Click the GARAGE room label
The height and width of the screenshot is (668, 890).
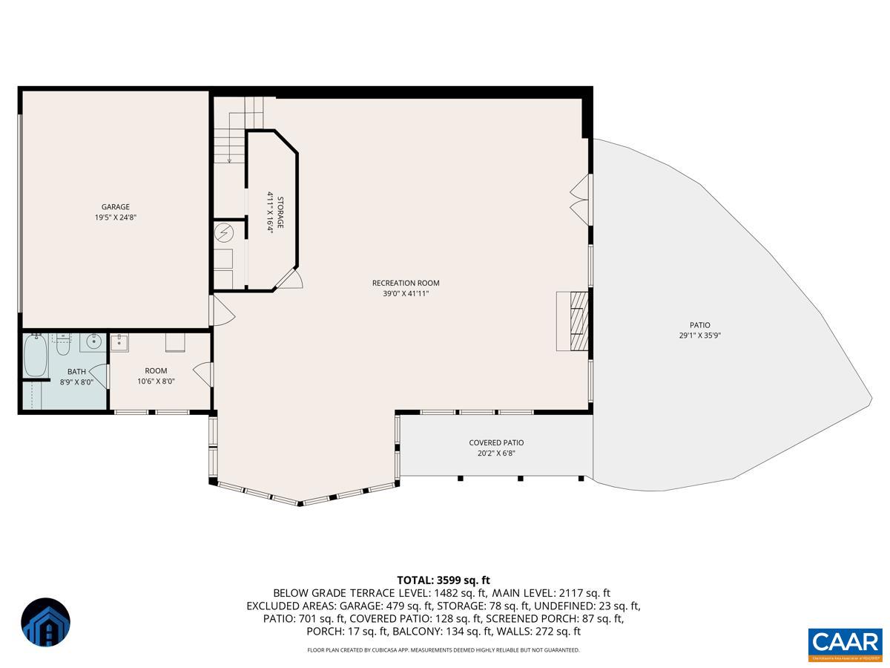tap(115, 207)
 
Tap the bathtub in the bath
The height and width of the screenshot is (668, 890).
tap(35, 356)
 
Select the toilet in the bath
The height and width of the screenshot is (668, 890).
tap(64, 344)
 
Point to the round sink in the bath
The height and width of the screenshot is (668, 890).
tap(93, 343)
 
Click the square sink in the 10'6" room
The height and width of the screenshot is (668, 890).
tap(119, 343)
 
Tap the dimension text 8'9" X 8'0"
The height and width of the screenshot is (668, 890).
tap(76, 382)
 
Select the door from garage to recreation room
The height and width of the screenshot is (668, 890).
tap(222, 311)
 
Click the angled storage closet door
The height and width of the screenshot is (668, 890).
tap(291, 280)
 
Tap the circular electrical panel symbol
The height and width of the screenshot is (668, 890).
tap(225, 233)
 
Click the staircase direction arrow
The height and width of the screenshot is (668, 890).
tap(230, 157)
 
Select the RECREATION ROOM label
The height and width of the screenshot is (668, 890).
tap(406, 283)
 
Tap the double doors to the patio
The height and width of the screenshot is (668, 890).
tap(580, 197)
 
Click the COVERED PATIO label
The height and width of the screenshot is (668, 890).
tap(496, 442)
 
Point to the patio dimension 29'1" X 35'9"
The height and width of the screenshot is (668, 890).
tap(699, 335)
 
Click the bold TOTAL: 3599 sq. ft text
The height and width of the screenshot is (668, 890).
tap(444, 580)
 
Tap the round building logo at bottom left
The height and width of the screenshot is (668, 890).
tap(46, 622)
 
